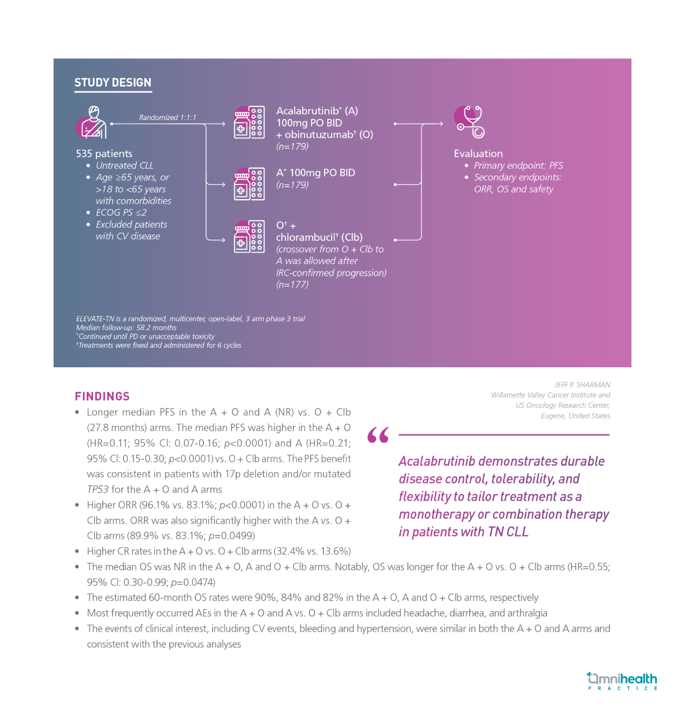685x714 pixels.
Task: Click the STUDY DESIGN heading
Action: [x=113, y=83]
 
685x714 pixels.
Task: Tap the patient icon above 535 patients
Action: [x=91, y=122]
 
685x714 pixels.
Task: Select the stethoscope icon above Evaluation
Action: [x=469, y=122]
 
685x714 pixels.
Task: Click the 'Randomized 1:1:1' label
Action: [x=167, y=117]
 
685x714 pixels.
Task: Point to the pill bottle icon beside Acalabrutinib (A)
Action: [x=249, y=122]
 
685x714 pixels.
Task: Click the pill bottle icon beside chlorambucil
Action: [x=249, y=236]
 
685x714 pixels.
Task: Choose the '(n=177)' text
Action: [x=292, y=285]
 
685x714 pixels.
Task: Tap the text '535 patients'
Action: [x=104, y=154]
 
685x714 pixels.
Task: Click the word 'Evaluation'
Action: [x=478, y=154]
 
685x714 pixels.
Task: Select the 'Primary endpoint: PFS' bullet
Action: [x=518, y=166]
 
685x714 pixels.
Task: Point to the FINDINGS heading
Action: [x=102, y=396]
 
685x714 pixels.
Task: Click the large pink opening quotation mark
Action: [x=378, y=435]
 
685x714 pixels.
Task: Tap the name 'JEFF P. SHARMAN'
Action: [x=582, y=385]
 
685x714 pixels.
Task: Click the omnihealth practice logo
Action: [x=622, y=681]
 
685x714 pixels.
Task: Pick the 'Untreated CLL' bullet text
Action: [x=124, y=166]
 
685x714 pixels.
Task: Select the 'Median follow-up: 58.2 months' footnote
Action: [x=126, y=327]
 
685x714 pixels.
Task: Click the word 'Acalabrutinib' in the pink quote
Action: [x=437, y=461]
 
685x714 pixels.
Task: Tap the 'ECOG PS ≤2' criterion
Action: [x=121, y=213]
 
